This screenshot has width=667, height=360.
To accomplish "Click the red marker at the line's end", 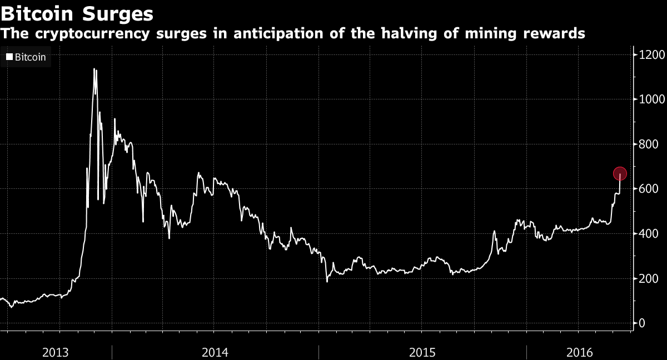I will pyautogui.click(x=620, y=174).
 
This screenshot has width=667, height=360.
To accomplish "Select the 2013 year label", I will pyautogui.click(x=56, y=352).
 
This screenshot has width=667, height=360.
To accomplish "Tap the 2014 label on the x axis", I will pyautogui.click(x=215, y=352).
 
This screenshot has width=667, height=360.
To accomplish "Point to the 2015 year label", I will pyautogui.click(x=422, y=352).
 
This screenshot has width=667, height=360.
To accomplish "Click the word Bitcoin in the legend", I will pyautogui.click(x=30, y=57).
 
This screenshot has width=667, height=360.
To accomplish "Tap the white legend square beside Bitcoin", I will pyautogui.click(x=9, y=57).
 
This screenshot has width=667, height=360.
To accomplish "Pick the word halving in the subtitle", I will pyautogui.click(x=415, y=33).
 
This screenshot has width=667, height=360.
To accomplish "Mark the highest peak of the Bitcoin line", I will pyautogui.click(x=94, y=69).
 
